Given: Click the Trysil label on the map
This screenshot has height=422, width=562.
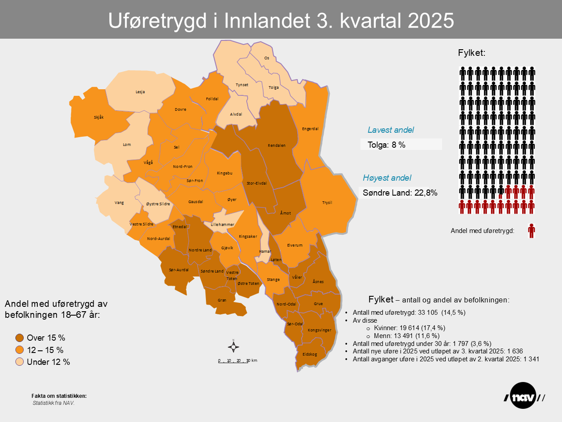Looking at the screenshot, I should coord(327,203).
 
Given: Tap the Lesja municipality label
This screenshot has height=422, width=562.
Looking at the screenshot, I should coord(140,92).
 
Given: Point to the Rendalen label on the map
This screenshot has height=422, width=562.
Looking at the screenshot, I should coord(277,146).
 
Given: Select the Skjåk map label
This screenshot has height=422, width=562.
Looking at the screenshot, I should coord(99,117).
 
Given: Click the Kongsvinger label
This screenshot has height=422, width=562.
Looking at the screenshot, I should coord(319,330).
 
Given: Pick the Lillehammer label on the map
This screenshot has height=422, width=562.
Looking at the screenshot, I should coord(223,225).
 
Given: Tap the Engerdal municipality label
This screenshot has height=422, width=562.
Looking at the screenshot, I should coord(310,129).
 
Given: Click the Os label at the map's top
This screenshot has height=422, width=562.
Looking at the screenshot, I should coord(267,58).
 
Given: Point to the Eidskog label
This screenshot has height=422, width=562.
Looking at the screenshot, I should coord(310,354).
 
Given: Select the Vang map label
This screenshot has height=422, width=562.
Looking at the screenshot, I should coord(119,203).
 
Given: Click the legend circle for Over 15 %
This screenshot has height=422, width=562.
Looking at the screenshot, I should coord(20,338).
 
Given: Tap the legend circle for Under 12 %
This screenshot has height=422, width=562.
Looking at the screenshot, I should coord(20,362).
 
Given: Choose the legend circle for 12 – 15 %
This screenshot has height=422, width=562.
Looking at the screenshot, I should coord(20,350).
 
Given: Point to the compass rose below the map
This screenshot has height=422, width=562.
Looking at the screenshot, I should coord(234,347).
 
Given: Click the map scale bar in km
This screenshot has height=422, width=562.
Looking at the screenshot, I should coord(238,361).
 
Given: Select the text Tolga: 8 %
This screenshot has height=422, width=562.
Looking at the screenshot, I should coord(386,145).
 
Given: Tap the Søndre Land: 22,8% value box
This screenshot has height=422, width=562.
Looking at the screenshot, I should coord(400,193).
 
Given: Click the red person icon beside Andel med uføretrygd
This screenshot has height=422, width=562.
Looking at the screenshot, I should coord(531,231).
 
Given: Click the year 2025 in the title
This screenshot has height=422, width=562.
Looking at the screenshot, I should coord(431,21).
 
